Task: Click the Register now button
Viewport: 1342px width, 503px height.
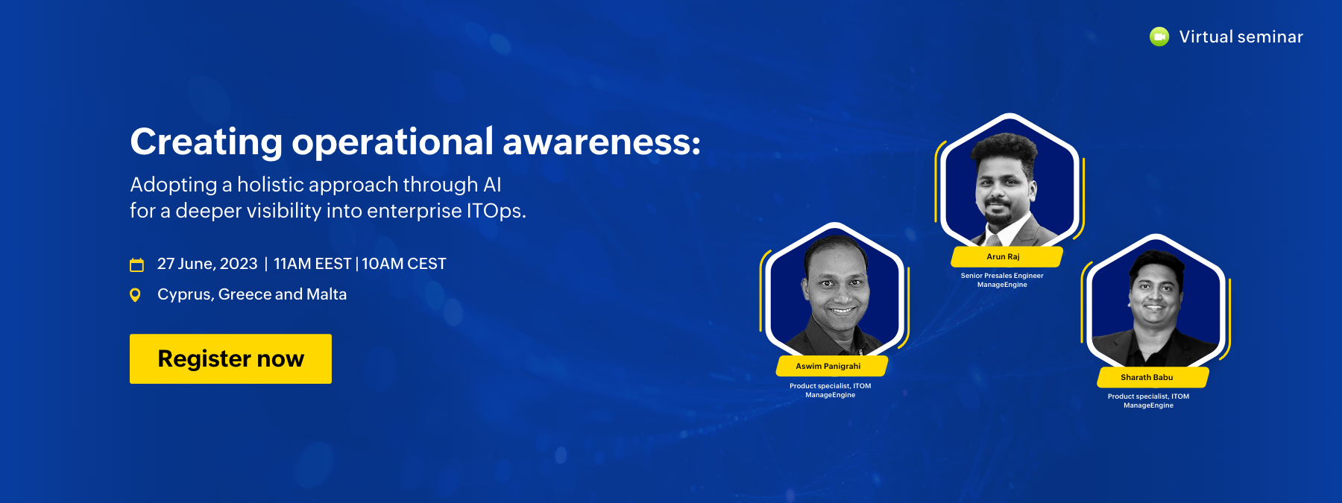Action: coord(230,358)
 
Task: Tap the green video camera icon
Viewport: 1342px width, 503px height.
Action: coord(1159,37)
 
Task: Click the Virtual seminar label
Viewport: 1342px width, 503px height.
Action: coord(1241,37)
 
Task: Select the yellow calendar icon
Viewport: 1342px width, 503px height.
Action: coord(136,265)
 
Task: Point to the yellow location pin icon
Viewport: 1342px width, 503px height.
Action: coord(135,295)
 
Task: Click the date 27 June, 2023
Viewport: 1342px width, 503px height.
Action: coord(207,264)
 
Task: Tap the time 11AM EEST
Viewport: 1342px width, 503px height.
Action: coord(312,264)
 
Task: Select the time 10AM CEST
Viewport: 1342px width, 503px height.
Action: coord(404,264)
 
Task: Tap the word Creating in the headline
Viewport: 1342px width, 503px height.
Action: coord(207,142)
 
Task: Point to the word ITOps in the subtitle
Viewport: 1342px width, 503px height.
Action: coord(496,211)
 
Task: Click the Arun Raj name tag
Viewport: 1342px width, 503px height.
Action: coord(1006,256)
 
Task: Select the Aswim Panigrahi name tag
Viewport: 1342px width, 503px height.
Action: coord(831,366)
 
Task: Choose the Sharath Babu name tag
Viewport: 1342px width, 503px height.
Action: coord(1152,377)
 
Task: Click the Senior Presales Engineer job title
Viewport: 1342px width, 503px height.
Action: coord(1002,276)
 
